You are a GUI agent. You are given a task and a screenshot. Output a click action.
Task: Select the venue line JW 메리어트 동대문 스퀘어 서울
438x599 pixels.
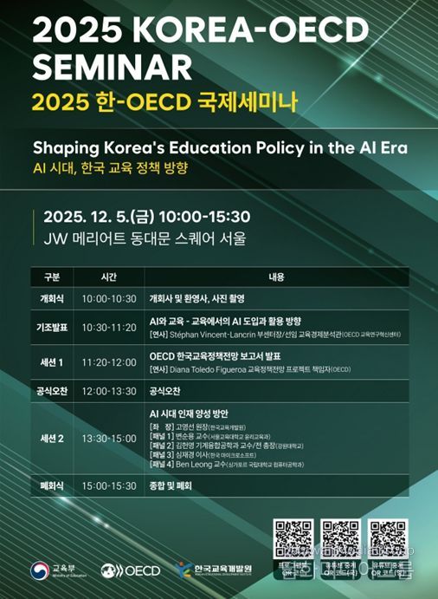138,238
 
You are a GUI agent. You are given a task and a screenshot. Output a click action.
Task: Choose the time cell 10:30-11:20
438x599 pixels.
108,327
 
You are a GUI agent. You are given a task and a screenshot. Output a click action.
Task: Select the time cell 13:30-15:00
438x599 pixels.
108,439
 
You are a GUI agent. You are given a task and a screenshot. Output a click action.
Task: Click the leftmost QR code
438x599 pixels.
293,538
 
